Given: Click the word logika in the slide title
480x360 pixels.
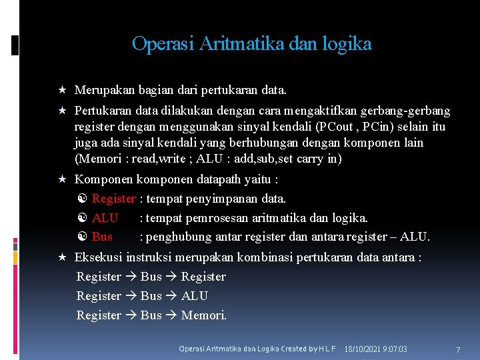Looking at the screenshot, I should [x=347, y=44].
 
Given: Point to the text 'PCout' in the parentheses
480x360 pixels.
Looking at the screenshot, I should [x=337, y=127].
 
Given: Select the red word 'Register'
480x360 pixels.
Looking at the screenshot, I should [x=114, y=199].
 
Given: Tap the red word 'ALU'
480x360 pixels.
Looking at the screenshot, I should [x=105, y=218].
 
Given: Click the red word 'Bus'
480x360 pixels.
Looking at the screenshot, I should [x=102, y=237].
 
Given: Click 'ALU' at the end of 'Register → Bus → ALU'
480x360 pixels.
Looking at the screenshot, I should [x=195, y=296].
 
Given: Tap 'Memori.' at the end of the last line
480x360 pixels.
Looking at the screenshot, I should [x=204, y=315].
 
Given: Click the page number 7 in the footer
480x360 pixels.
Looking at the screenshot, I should [x=458, y=349].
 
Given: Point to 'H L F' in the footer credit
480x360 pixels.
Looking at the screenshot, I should [x=327, y=349].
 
